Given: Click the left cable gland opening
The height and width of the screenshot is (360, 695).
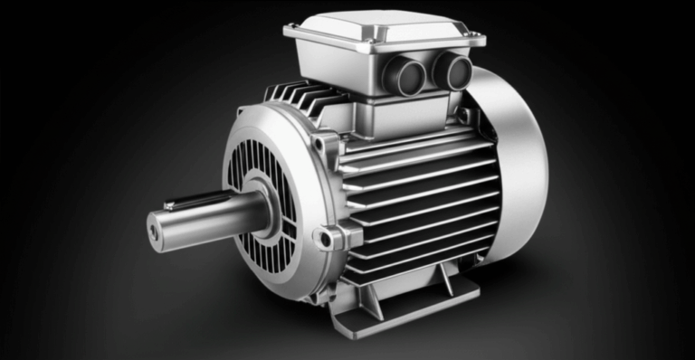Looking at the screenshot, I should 405,76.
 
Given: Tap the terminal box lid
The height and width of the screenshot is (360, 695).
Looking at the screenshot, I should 385,27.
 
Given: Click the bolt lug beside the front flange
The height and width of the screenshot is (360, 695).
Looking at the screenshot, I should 325,238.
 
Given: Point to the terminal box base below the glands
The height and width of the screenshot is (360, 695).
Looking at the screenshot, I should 398,113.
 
